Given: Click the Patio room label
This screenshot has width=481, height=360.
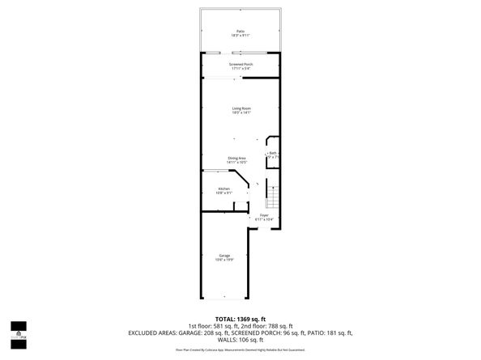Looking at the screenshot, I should point(240,31).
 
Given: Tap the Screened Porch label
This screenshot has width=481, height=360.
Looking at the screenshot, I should point(240,64).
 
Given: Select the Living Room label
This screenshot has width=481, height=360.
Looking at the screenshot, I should point(240,108).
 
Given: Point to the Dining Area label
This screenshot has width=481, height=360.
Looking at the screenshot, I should point(236,159).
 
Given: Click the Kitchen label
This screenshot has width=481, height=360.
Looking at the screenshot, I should point(224,188).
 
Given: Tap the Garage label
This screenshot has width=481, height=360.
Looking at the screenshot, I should point(224,256).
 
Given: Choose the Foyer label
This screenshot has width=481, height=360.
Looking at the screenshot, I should point(264,215).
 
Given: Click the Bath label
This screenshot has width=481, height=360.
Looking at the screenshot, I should point(273,153).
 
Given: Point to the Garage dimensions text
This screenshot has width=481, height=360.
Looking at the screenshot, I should point(224,260).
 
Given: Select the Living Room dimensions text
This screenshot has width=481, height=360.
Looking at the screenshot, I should point(240,112).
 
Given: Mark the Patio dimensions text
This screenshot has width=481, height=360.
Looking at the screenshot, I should point(240,36).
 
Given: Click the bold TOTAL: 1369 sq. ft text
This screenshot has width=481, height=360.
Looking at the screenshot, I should point(240,319).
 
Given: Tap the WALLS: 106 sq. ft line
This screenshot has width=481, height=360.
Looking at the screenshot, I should point(240,340).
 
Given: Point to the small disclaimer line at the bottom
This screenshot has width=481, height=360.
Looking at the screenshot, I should point(240,349).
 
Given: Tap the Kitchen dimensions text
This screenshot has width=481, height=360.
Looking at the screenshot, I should point(224,193).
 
